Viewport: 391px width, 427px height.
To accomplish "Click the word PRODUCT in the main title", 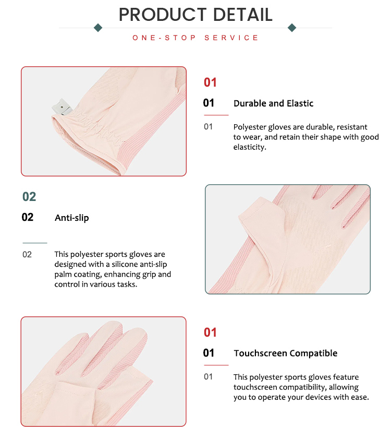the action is (x=163, y=15).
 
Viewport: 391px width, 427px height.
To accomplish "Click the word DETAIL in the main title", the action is (x=242, y=15).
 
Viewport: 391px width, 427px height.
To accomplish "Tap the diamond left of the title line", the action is (x=98, y=28).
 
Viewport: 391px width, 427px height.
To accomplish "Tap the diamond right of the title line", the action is (x=292, y=28).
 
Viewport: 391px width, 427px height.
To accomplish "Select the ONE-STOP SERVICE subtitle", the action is (x=195, y=38).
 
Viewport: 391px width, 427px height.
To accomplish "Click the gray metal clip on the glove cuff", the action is (x=62, y=106).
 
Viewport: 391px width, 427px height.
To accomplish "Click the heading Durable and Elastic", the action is (x=273, y=103).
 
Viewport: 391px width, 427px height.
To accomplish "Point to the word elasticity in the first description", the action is (x=249, y=147).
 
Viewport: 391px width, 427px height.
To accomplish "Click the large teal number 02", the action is (x=29, y=197).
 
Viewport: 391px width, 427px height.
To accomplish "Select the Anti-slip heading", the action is (x=72, y=218).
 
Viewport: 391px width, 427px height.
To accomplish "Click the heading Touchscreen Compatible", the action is (x=286, y=353).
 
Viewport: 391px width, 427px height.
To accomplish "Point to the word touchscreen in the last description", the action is (x=255, y=387).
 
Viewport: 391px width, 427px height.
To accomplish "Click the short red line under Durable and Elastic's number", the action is (x=216, y=115).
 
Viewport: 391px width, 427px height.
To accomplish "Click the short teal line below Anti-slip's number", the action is (x=35, y=243).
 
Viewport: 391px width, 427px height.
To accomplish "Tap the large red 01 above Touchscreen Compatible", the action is (x=210, y=333).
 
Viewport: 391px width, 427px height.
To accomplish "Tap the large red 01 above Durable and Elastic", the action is (x=210, y=82).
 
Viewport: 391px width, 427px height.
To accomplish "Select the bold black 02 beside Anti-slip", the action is (x=28, y=217).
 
